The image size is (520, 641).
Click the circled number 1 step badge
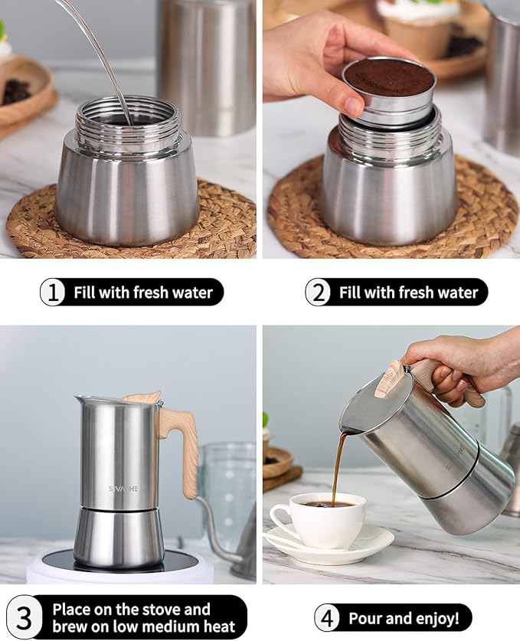coord(53,293)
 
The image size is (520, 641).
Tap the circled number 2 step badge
coord(318,293)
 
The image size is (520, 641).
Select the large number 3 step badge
coord(25,617)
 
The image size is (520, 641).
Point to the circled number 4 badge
coord(328,618)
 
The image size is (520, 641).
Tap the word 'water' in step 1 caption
coord(194,293)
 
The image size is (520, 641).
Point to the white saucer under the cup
coord(360,545)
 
